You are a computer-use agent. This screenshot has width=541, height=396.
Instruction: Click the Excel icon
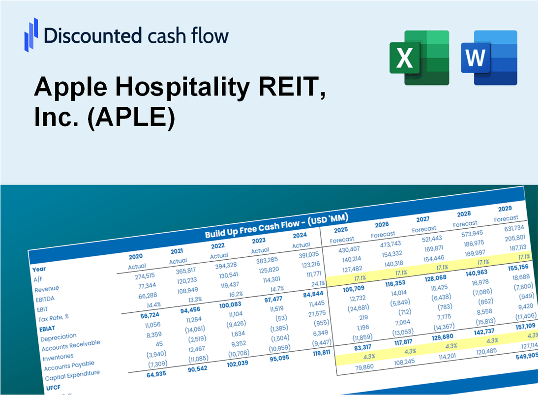click(x=419, y=57)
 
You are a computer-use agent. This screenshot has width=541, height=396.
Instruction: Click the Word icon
click(x=489, y=57)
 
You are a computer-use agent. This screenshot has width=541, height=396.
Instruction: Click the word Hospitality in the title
click(x=168, y=88)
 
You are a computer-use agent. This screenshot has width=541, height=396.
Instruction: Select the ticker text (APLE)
click(x=131, y=119)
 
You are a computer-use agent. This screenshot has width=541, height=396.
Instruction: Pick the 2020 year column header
click(x=136, y=257)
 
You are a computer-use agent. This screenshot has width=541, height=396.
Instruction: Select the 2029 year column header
click(x=505, y=208)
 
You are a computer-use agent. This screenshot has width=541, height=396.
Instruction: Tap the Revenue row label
click(x=47, y=289)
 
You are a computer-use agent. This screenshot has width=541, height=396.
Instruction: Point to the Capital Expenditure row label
click(x=72, y=375)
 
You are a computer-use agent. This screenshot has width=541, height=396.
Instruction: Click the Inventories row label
click(x=59, y=356)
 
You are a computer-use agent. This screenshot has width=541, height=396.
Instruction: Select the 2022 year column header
click(x=218, y=246)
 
